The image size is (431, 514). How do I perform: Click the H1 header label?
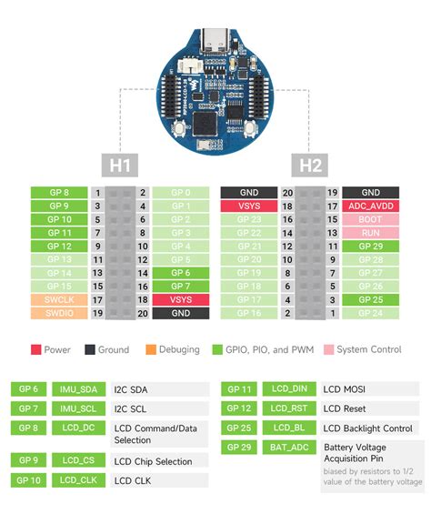120,165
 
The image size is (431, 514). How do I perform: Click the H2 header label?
311,165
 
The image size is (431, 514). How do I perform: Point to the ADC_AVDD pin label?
370,207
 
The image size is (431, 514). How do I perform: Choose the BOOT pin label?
370,219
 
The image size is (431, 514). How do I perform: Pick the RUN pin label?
370,233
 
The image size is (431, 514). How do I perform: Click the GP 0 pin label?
181,193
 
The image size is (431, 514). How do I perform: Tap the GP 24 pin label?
370,313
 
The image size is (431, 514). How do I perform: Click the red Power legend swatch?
35,349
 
